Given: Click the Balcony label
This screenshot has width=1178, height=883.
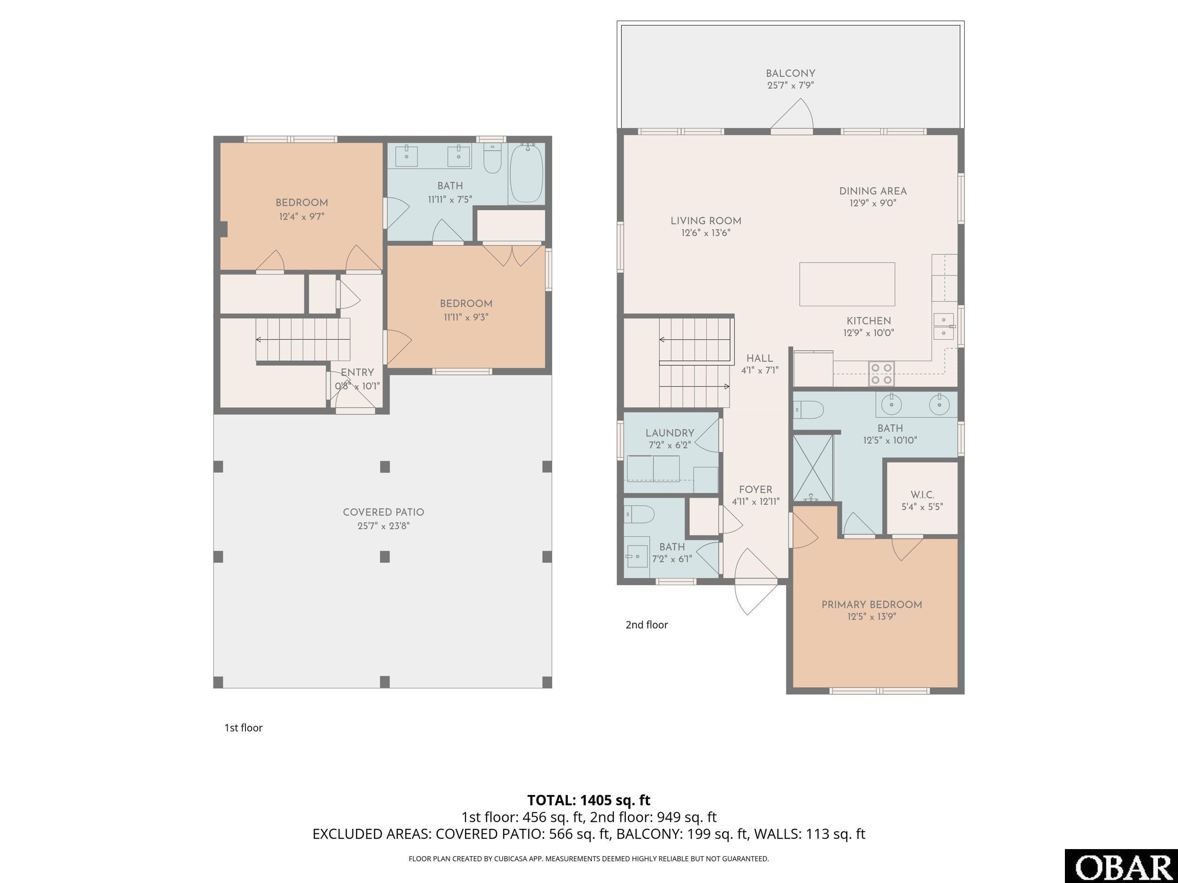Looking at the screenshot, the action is coord(790,73).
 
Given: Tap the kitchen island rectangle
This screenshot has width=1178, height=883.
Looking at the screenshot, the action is coord(847,284).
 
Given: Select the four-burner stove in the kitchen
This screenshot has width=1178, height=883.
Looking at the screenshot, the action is coord(881,373).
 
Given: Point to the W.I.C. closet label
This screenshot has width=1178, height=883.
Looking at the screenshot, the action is coord(923,495).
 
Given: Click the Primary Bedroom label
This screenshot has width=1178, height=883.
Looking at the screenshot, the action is coord(872,605).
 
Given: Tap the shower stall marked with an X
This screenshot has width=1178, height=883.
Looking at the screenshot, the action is coord(813,468).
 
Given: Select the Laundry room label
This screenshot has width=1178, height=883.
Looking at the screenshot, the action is coord(670,433).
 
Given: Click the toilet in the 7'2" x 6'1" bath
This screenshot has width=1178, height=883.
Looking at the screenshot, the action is coord(639,514).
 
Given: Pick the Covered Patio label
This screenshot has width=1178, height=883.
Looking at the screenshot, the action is coord(384,512).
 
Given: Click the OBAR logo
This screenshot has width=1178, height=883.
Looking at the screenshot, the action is coord(1121,866).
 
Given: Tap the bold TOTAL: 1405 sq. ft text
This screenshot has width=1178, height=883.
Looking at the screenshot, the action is coord(589,800).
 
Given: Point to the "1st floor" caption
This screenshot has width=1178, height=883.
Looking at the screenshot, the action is coord(244,728).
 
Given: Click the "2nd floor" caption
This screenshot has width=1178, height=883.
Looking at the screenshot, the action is coord(646,625).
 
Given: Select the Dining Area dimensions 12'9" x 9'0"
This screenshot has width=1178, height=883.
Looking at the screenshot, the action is coord(873,203).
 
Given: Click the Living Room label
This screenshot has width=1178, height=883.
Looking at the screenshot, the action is coord(706,221).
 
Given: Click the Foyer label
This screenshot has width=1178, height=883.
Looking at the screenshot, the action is coord(756,490).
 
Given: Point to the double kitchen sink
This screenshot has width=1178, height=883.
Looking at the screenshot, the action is coord(944,326).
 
